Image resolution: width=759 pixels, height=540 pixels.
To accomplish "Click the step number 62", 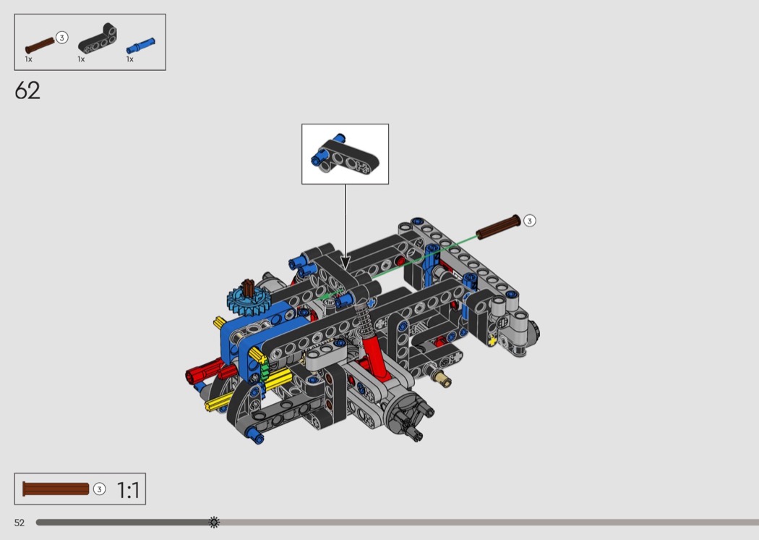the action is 27,90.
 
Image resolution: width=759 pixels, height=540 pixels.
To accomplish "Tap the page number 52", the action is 20,523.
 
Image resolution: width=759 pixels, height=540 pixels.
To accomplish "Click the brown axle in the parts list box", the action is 40,45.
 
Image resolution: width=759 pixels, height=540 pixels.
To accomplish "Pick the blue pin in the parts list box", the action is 141,46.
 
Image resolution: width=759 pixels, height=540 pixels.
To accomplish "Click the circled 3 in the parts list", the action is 62,38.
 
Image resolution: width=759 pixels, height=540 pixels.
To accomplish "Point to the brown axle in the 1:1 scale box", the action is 56,489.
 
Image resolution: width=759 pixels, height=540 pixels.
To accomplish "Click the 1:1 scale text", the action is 128,490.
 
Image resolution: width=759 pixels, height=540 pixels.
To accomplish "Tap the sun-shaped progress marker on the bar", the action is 214,522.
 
